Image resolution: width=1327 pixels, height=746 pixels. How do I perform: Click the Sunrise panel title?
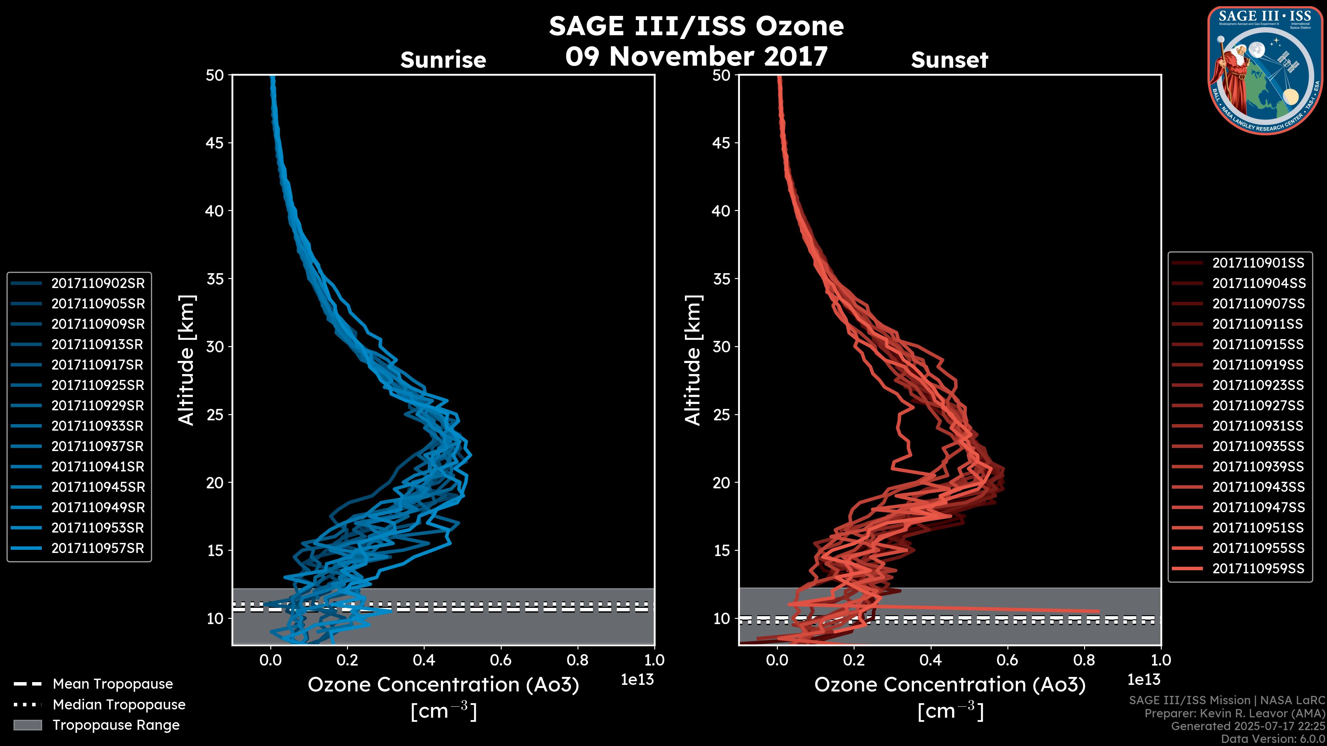443,60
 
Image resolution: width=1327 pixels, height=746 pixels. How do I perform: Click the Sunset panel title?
949,60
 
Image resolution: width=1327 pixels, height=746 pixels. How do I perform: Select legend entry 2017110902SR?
98,283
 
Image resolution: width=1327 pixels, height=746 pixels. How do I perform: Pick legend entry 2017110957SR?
98,548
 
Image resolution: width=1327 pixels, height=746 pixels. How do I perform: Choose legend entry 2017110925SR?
98,385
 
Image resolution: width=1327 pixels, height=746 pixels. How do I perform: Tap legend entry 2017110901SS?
1258,263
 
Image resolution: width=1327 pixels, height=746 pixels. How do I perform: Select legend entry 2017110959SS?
1258,568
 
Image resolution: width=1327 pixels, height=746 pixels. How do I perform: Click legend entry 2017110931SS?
1258,426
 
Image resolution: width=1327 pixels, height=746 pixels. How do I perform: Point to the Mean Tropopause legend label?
113,684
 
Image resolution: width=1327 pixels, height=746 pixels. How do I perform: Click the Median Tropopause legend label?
119,704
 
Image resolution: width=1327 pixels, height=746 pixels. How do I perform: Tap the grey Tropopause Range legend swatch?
27,725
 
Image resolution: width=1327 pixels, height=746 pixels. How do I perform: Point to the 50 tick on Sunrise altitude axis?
215,75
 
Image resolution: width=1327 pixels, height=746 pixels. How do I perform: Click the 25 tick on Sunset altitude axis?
721,414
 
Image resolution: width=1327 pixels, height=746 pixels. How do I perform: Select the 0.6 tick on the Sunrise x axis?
501,660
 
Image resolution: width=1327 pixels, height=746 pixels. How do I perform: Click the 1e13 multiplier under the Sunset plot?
1144,680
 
